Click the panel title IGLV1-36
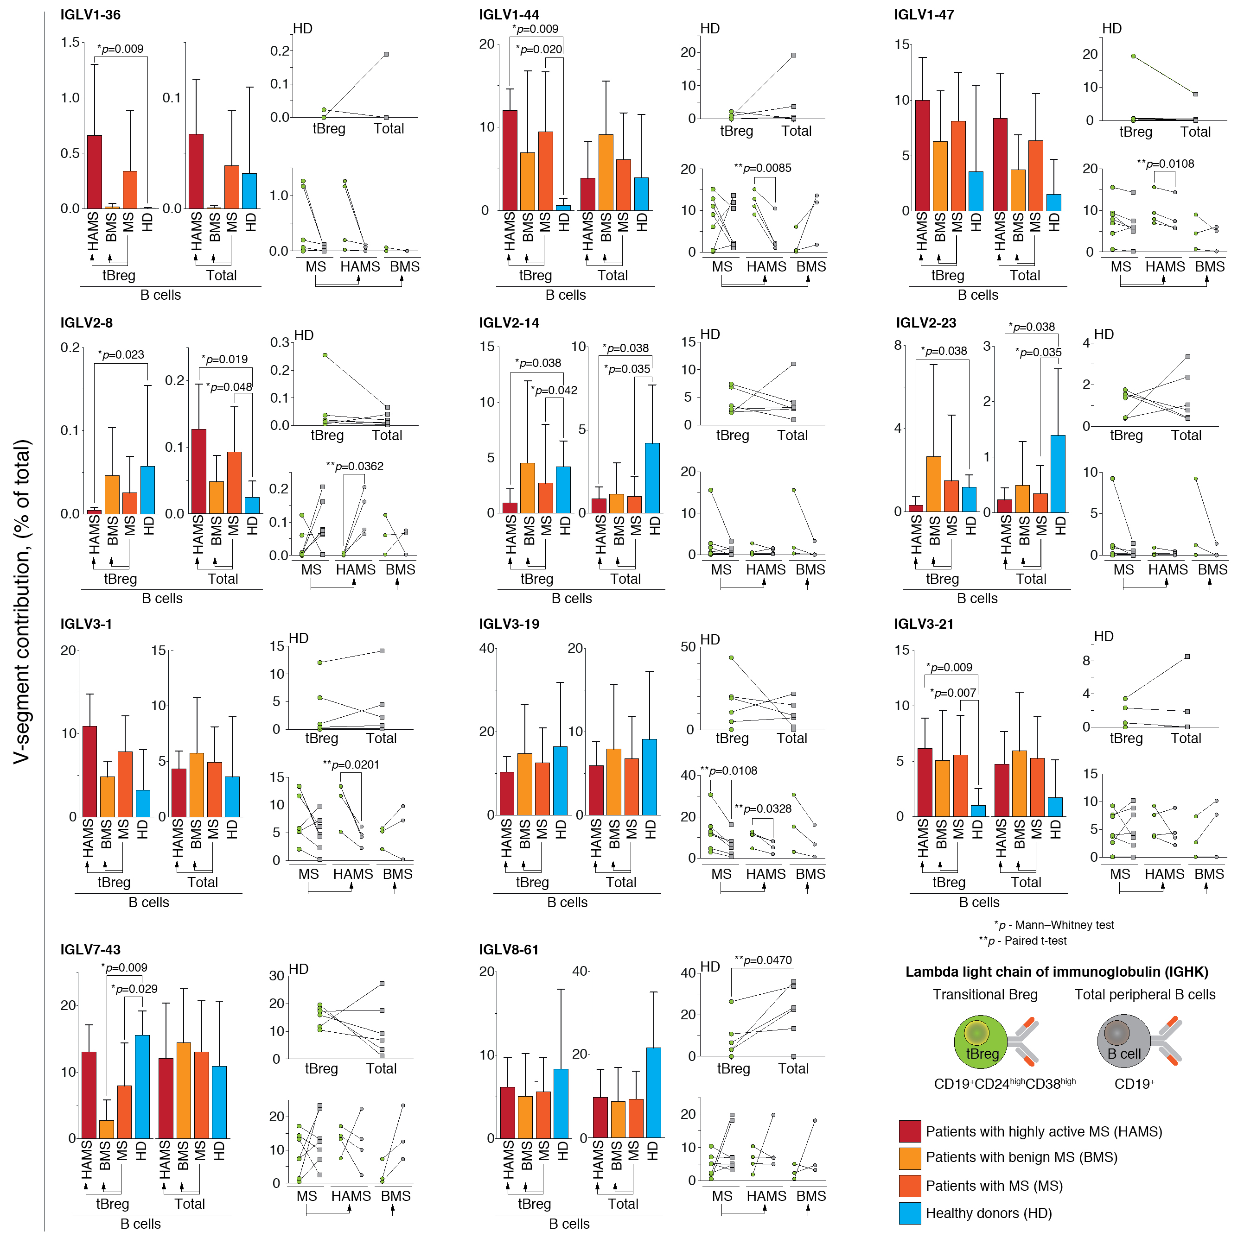click(x=90, y=15)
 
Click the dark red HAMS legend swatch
click(x=910, y=1131)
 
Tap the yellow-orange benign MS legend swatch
click(x=910, y=1158)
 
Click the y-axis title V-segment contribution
click(x=23, y=601)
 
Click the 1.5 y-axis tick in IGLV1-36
click(x=70, y=43)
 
